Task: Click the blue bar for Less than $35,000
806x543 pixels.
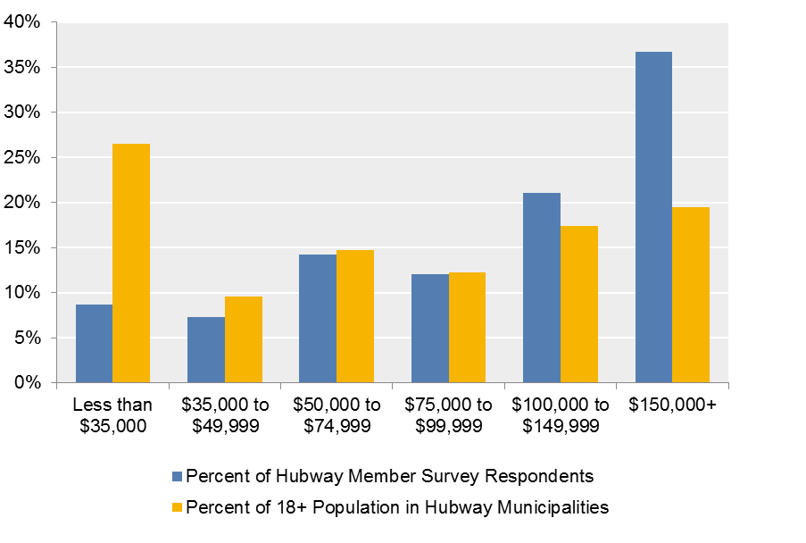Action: click(94, 344)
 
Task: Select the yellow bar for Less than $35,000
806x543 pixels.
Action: click(131, 263)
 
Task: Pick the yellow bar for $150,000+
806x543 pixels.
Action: click(691, 295)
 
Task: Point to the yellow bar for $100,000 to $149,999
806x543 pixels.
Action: click(579, 304)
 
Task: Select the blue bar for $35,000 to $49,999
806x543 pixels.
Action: click(206, 349)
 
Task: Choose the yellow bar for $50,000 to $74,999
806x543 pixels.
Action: click(355, 316)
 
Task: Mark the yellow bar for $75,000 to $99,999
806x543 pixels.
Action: click(467, 327)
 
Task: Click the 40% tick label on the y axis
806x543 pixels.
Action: click(22, 22)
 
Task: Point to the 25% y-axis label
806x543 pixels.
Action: click(22, 157)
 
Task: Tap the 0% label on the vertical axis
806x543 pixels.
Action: click(27, 382)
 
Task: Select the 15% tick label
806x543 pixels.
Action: click(22, 247)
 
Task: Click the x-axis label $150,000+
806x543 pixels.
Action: click(672, 405)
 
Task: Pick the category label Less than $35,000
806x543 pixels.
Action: click(112, 415)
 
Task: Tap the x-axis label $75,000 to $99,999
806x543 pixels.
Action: click(448, 415)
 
